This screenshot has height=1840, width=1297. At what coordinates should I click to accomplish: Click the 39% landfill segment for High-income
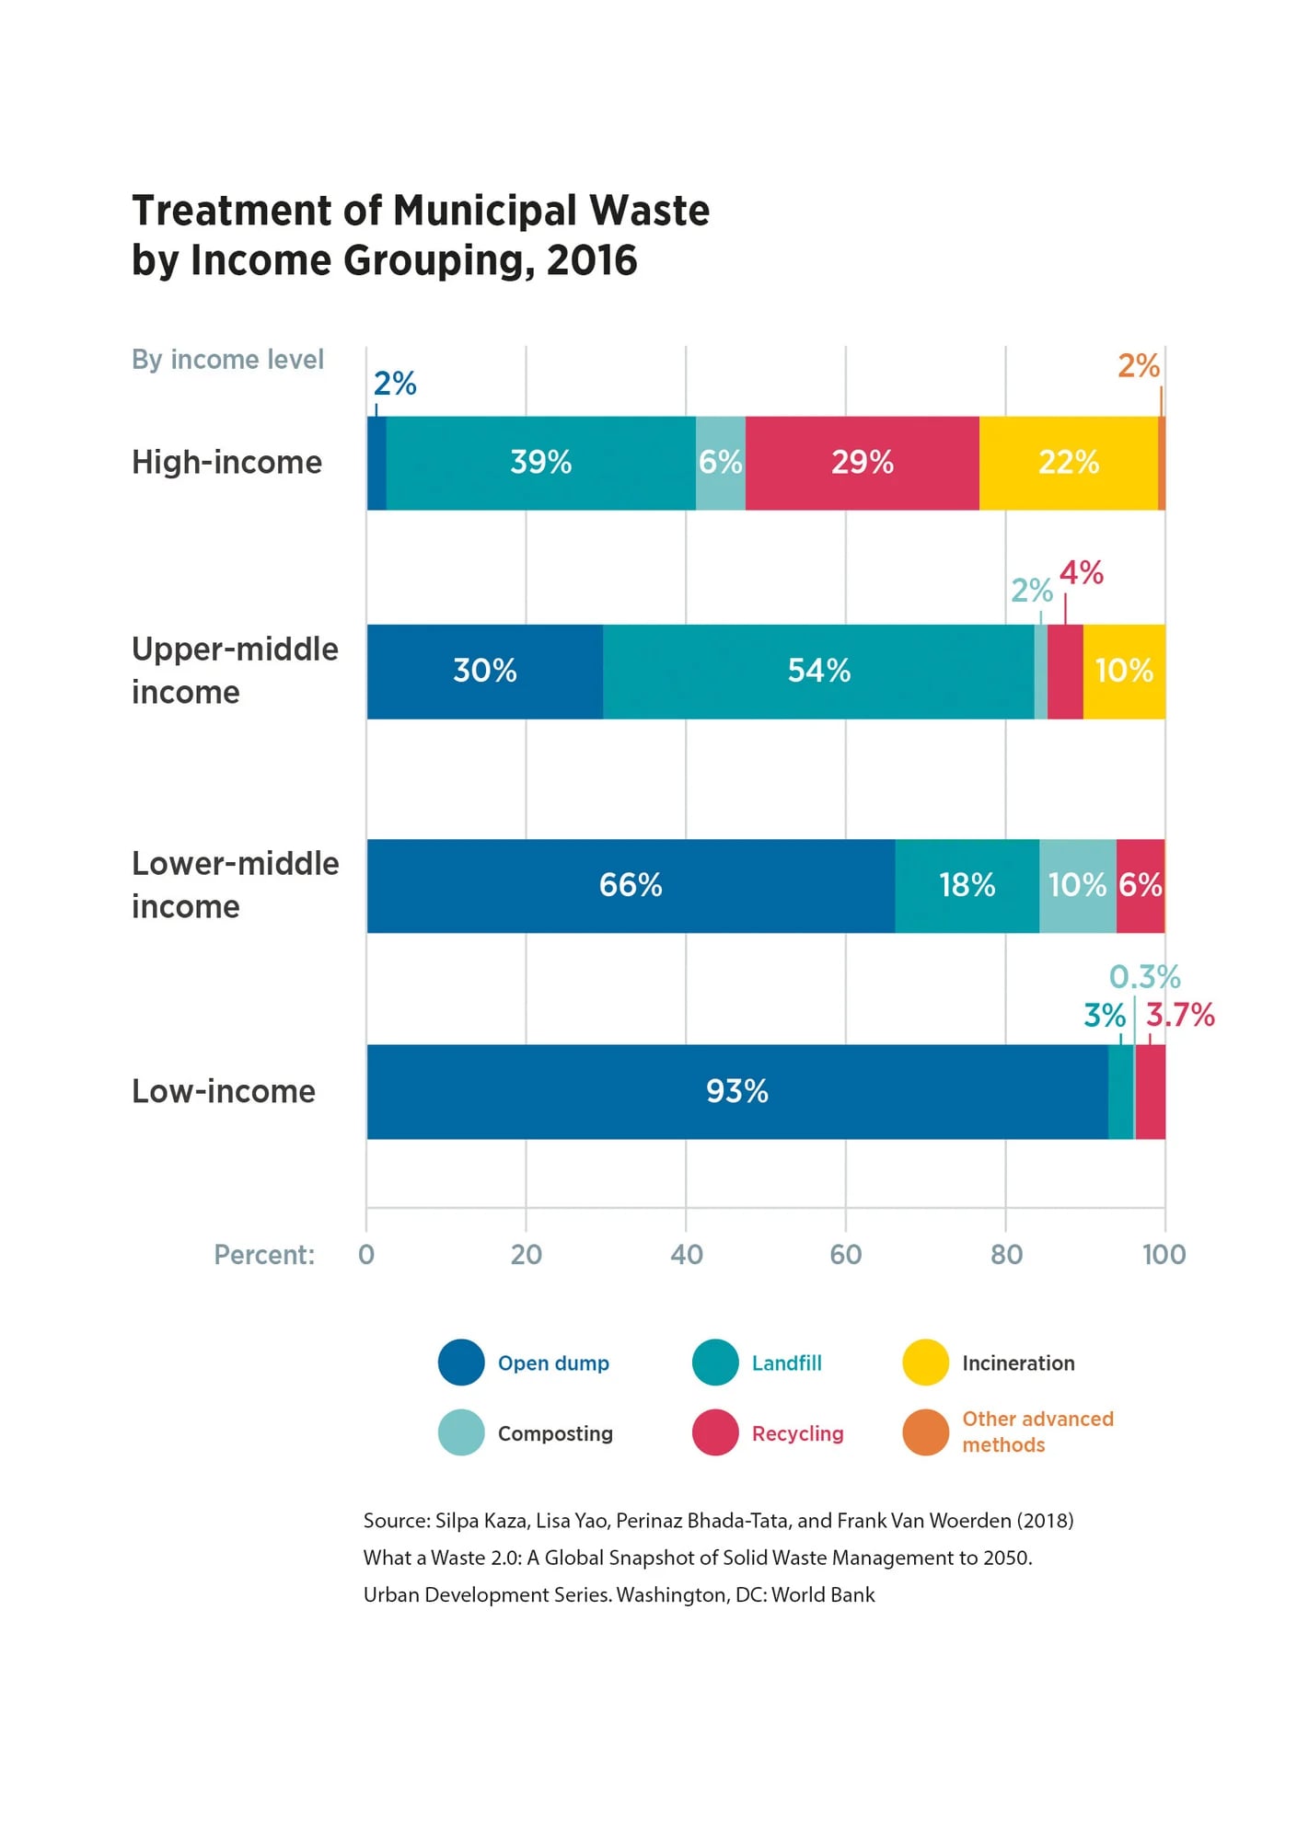(541, 463)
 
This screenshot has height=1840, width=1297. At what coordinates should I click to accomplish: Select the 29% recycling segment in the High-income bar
(862, 463)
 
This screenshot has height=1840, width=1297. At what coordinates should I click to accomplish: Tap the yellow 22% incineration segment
(1068, 463)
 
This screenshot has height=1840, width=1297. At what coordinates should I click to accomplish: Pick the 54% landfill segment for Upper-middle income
(818, 671)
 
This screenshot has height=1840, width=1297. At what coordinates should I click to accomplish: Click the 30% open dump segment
(485, 671)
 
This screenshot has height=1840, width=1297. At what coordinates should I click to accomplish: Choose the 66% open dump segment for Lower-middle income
(631, 885)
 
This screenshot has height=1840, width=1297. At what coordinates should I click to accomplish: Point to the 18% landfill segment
(967, 885)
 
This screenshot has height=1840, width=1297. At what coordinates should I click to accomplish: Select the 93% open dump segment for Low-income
(736, 1091)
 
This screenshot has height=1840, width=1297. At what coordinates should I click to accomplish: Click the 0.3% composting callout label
(1144, 976)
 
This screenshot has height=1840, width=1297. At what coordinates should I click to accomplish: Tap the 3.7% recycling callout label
(1180, 1015)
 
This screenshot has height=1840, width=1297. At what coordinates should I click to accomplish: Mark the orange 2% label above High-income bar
(1138, 366)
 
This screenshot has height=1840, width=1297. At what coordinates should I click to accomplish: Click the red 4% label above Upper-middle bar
(1081, 573)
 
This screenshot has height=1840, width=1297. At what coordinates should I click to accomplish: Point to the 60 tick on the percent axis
(845, 1255)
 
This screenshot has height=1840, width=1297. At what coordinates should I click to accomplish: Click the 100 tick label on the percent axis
(1164, 1255)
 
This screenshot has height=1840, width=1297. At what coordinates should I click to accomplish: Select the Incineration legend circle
(925, 1363)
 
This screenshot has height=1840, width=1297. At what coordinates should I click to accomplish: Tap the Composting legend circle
(461, 1432)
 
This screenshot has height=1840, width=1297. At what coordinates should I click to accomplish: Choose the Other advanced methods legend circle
(925, 1432)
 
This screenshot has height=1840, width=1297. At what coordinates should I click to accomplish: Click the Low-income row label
(224, 1091)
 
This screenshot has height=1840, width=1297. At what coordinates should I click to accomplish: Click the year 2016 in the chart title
(592, 260)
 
